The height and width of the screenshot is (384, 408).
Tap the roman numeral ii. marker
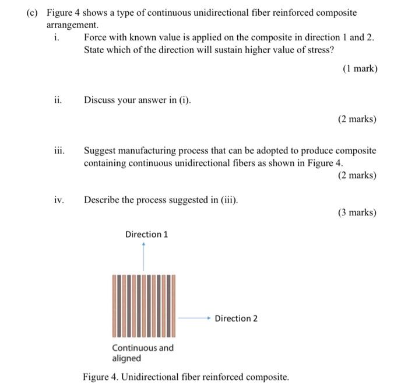pos(57,100)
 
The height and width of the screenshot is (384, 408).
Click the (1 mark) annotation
pos(360,68)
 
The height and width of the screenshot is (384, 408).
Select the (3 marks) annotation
pos(357,212)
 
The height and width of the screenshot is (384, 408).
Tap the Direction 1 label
pos(146,234)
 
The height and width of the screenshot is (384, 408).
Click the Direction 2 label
pos(236,318)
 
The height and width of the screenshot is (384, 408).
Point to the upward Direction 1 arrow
pos(144,257)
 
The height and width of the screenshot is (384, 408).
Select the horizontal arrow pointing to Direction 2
pos(194,318)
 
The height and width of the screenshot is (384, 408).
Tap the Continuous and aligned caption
pos(142,352)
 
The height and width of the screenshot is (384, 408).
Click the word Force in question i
pos(96,37)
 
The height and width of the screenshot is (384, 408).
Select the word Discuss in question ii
pos(101,100)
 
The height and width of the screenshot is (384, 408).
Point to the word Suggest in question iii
pos(101,151)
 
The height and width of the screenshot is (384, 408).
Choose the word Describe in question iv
pos(104,200)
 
